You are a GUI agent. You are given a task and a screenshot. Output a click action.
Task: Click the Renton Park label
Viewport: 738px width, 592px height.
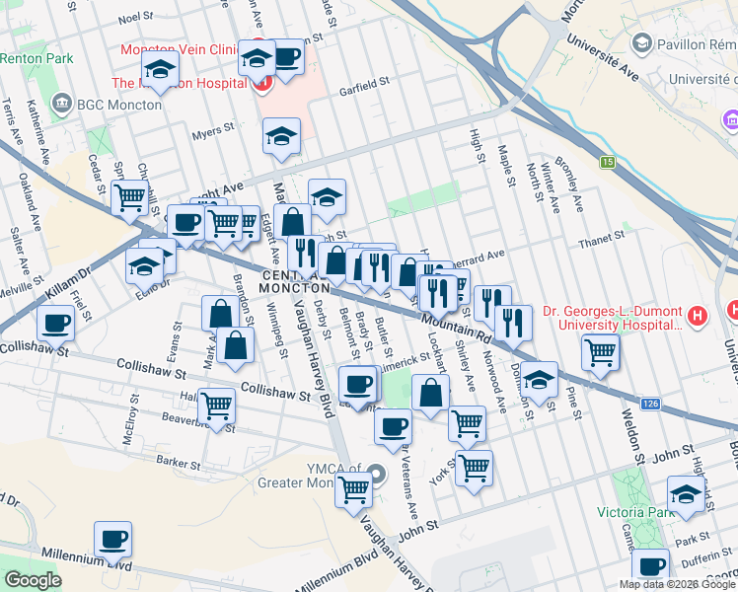(37, 59)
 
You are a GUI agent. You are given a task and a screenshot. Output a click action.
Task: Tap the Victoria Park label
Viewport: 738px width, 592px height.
(631, 512)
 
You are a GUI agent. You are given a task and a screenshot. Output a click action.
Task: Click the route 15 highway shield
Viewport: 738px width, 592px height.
(609, 162)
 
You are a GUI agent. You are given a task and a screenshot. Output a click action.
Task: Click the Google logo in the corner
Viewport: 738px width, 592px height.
(33, 580)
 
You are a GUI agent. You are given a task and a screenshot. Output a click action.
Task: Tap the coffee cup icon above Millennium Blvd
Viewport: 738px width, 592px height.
(112, 539)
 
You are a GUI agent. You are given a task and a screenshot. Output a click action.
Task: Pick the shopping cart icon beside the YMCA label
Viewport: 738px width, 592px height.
(353, 488)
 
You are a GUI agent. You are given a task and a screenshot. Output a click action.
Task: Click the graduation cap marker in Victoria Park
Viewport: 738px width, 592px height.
(686, 492)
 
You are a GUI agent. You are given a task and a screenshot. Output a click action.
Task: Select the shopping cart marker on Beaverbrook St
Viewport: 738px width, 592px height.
(216, 404)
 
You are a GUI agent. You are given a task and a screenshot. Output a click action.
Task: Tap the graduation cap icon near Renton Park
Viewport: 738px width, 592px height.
(158, 70)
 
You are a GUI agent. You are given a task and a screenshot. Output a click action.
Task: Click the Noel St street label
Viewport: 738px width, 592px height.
(136, 18)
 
